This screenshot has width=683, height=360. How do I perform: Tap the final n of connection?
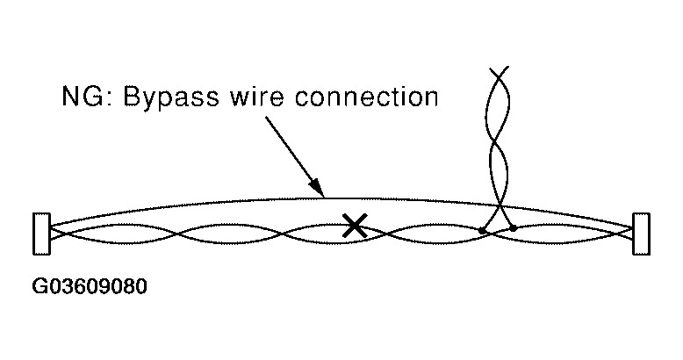point(429,97)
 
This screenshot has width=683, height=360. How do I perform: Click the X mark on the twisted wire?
point(354,226)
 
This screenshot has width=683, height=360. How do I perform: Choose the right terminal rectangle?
point(641,234)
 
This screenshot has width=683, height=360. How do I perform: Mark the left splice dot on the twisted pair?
point(482,231)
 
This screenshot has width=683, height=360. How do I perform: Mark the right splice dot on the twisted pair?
point(514,228)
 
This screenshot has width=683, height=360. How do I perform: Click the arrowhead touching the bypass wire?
point(319,187)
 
